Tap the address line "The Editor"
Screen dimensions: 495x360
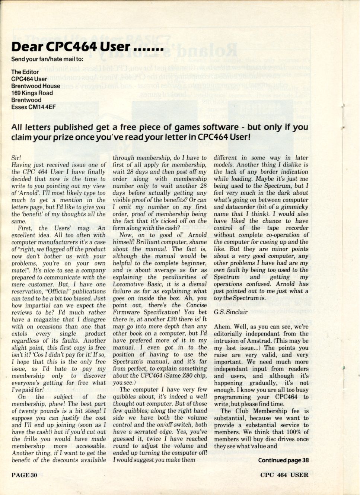click(25, 72)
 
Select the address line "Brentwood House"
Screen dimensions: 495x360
click(35, 86)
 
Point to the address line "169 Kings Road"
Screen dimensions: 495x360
click(32, 93)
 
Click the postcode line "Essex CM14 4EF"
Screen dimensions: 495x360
click(34, 107)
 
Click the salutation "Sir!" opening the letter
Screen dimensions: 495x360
click(16, 158)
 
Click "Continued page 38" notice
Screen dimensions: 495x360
click(283, 460)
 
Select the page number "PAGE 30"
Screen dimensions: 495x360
click(25, 475)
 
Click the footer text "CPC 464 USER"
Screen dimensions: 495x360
click(284, 475)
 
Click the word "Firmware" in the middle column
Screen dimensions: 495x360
click(126, 312)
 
